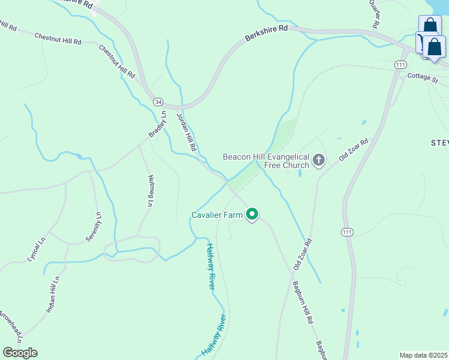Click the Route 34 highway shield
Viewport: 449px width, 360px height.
pos(157,102)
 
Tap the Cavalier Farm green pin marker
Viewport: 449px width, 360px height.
pos(253,214)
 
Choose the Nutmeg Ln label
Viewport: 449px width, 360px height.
pos(150,191)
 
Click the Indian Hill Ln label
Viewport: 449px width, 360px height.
pos(53,295)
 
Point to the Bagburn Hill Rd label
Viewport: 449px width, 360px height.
pos(303,302)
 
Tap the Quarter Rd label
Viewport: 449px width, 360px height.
pos(373,14)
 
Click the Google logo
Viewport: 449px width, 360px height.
pos(20,353)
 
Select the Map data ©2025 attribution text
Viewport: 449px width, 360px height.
pos(423,355)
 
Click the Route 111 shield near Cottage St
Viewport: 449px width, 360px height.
pos(400,65)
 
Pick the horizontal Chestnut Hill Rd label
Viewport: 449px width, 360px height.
pos(58,40)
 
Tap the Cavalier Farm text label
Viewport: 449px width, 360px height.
pos(217,215)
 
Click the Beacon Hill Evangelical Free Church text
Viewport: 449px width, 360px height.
pos(266,161)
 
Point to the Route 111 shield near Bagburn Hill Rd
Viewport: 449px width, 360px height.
pos(346,232)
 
